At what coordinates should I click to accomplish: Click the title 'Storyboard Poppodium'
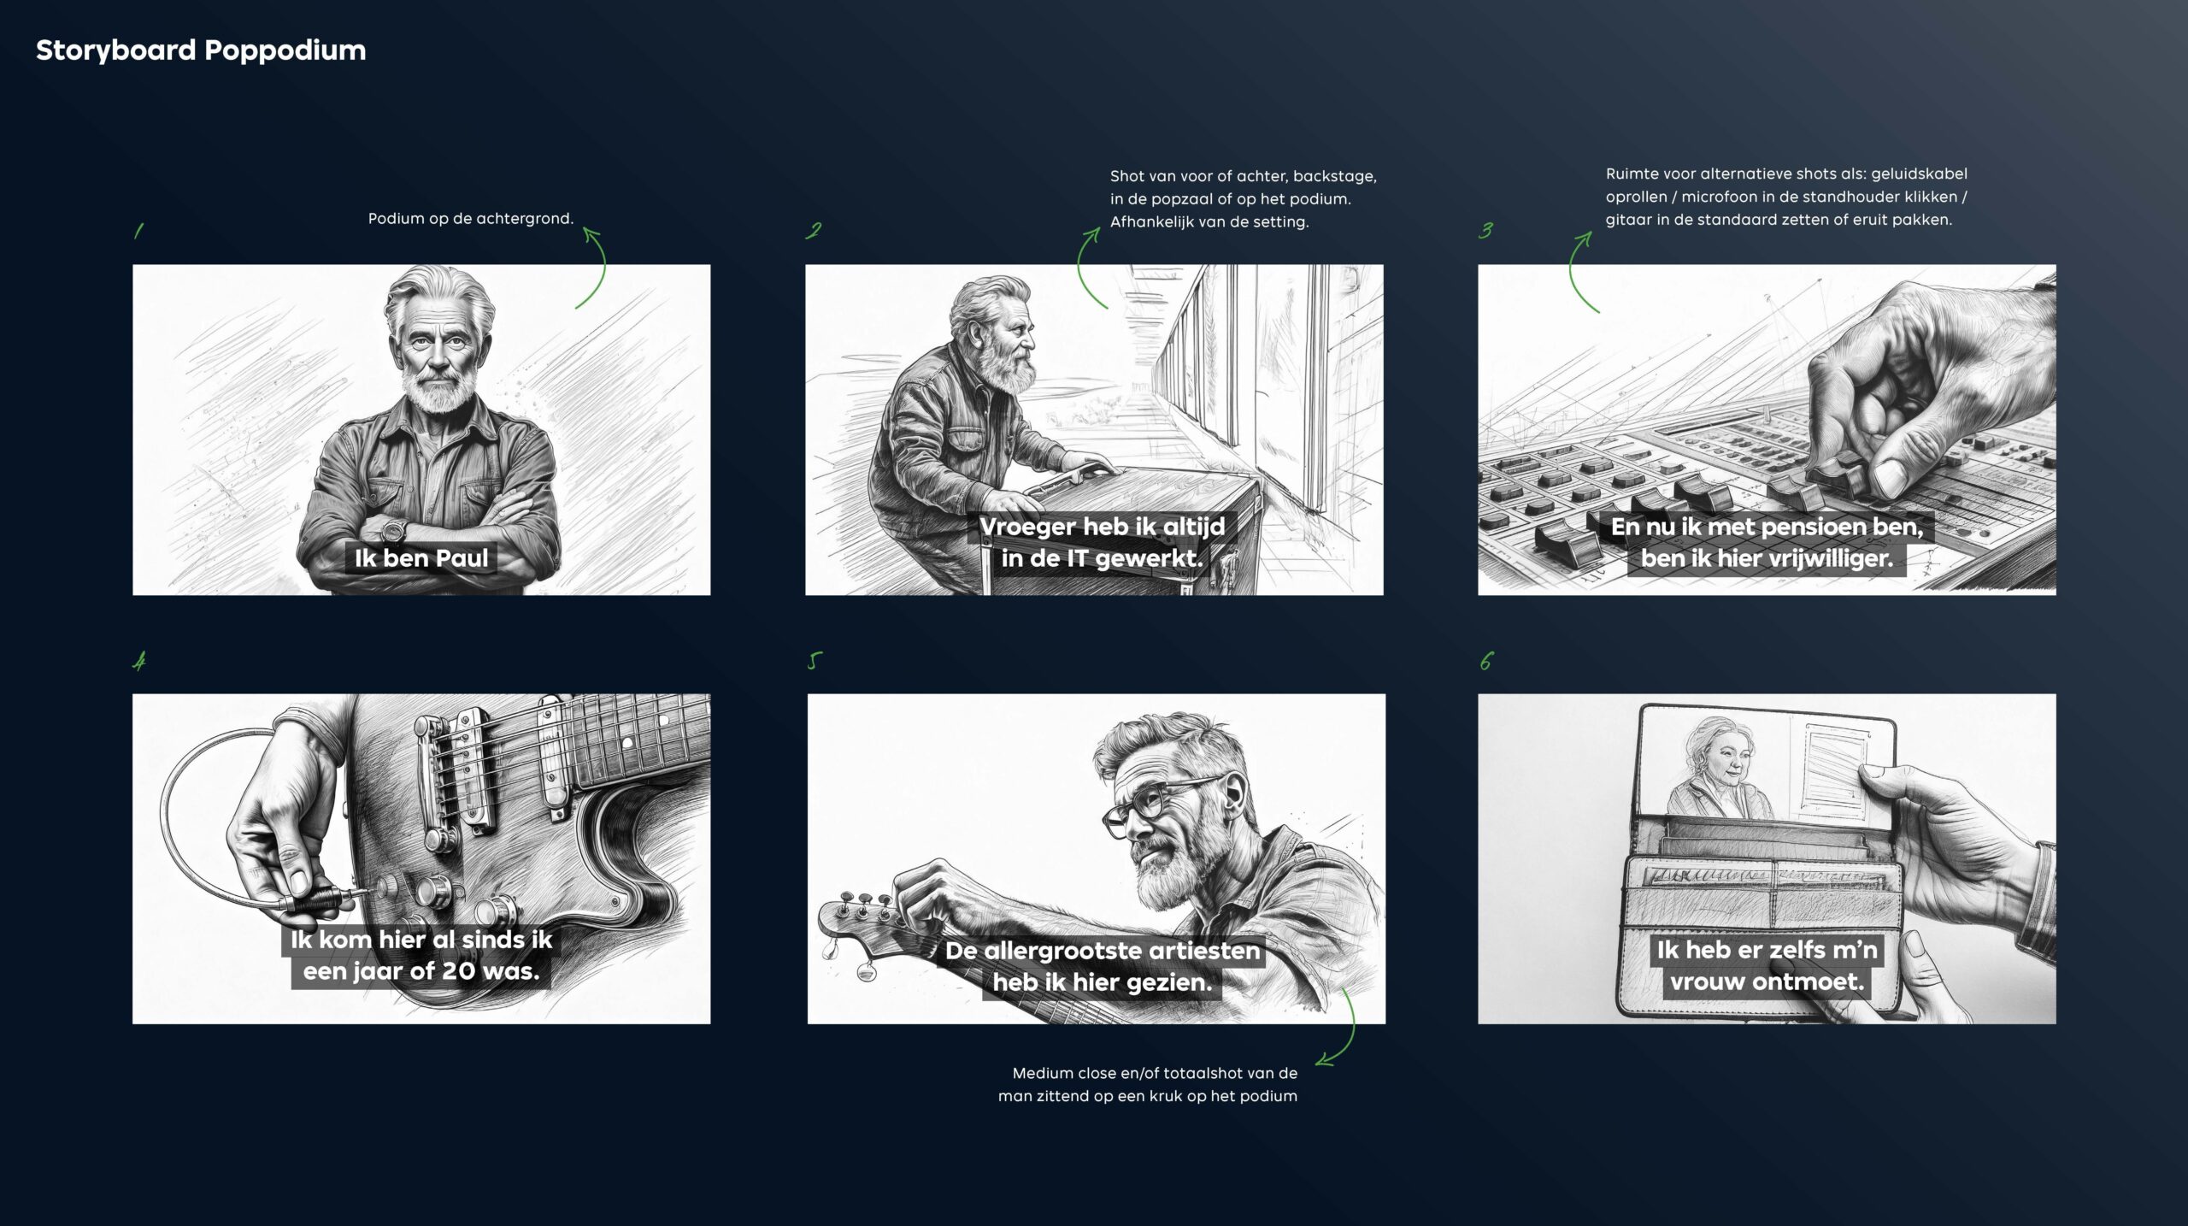coord(201,50)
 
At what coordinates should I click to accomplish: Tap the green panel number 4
coord(139,661)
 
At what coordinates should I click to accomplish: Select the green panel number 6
coord(1486,661)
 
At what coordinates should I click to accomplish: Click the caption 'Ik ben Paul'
coord(421,558)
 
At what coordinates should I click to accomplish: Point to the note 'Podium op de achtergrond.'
coord(471,219)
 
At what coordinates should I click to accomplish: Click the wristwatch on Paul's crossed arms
coord(394,530)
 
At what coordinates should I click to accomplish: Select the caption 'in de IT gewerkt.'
coord(1103,558)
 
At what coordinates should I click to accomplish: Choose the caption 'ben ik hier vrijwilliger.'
coord(1767,558)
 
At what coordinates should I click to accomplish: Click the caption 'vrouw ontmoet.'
coord(1767,981)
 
